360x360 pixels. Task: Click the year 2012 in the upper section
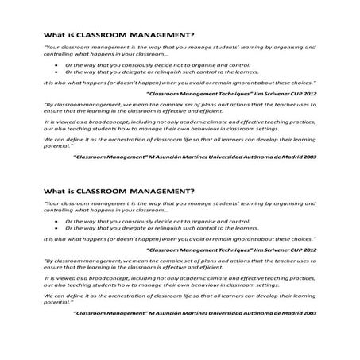[310, 93]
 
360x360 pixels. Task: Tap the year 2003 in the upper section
[310, 157]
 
